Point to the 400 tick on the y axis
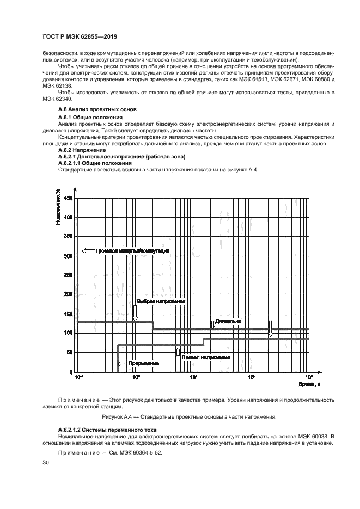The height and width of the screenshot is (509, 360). (x=68, y=218)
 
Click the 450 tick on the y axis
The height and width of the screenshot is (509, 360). (x=68, y=199)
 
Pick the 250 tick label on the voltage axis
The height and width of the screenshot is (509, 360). (x=68, y=275)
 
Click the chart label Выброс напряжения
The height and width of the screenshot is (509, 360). (x=160, y=301)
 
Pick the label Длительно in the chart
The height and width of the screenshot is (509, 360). (x=228, y=322)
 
